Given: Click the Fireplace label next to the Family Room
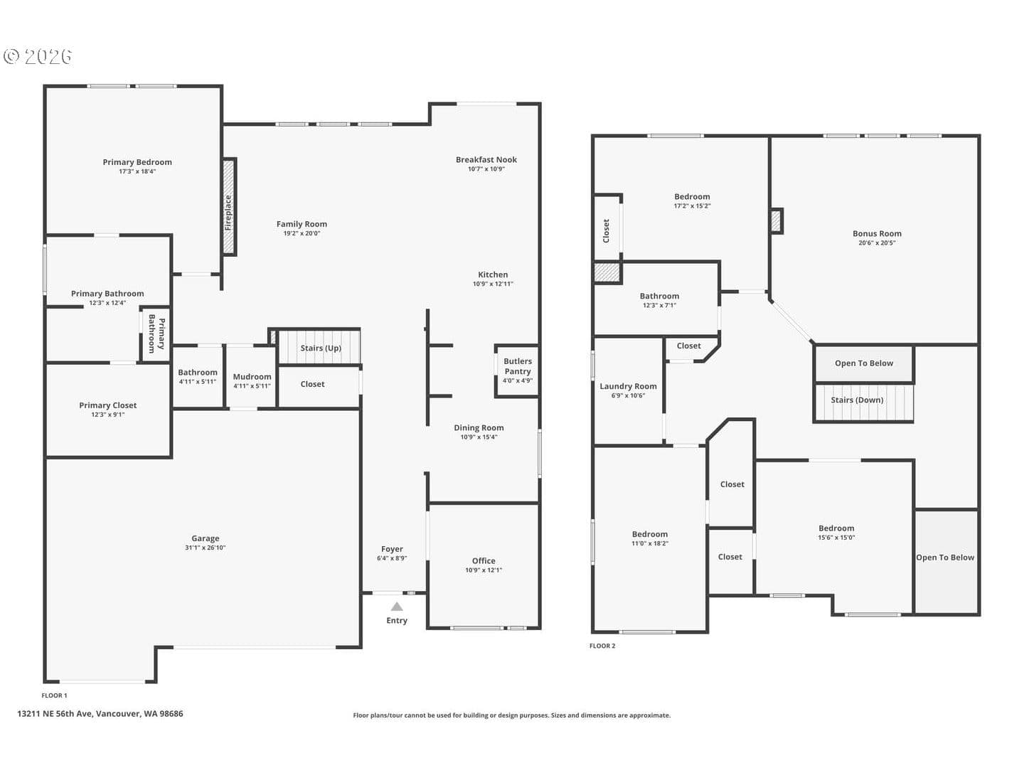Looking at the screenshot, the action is coord(228,212).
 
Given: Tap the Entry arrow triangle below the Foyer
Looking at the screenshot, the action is coord(397,606).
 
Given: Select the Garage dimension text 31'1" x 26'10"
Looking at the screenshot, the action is coord(206,548).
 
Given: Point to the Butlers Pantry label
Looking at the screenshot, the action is coord(518,366).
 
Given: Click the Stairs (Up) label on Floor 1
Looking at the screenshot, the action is coord(321,348).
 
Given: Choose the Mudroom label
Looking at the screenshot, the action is coord(252,376).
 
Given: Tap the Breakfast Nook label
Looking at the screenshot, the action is coord(486,159).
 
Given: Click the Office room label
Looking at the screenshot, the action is coord(484,560).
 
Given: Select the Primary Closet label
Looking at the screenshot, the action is coord(108,405).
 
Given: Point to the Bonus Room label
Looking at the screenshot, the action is coord(877,234).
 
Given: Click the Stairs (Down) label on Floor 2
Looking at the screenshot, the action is coord(857,400).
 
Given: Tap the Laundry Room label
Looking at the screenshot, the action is coord(628,386).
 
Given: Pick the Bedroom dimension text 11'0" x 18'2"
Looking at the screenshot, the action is coord(650,543).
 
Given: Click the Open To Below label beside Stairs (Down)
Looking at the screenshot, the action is coord(864,363).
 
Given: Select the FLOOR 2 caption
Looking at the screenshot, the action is coord(602,646).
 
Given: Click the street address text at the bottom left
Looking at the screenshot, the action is coord(100,713).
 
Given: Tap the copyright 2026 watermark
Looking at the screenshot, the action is coord(37,56).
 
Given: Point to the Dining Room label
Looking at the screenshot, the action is coord(479,427).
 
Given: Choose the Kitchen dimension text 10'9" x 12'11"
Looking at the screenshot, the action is coord(493,284).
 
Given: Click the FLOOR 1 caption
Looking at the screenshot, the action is coord(54,695).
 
